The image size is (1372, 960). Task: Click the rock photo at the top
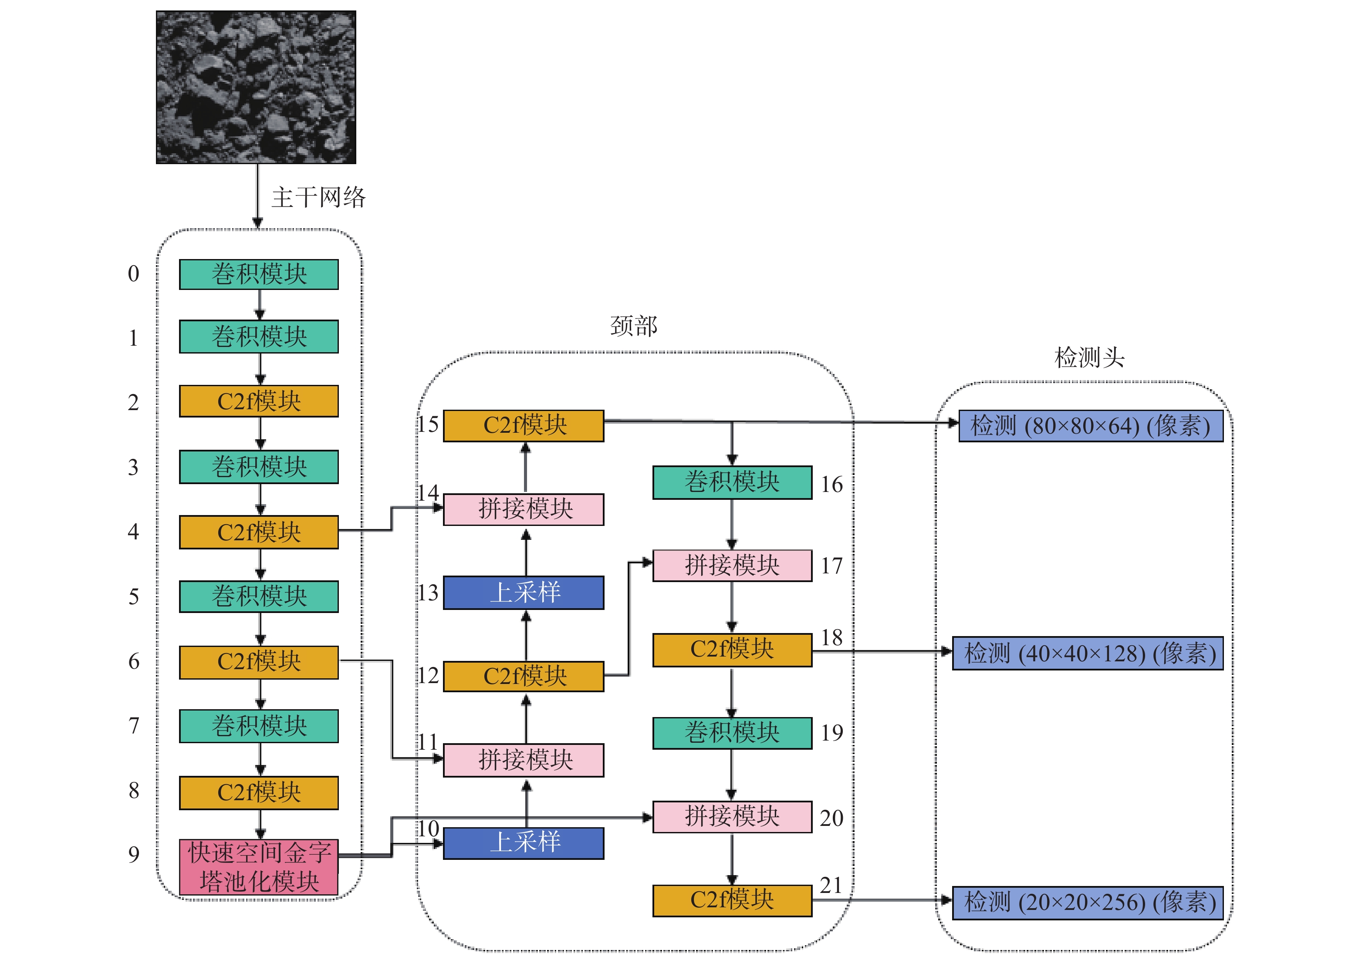tap(256, 87)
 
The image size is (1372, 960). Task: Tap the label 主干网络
tap(318, 197)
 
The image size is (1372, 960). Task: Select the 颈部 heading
tap(633, 326)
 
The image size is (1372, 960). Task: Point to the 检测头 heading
tap(1089, 357)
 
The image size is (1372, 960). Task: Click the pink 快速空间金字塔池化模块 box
tap(259, 867)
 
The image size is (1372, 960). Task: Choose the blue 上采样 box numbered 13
tap(524, 593)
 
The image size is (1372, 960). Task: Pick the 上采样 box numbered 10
tap(524, 843)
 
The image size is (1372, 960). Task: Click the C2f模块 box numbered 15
tap(524, 425)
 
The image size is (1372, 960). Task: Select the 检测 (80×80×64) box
tap(1091, 426)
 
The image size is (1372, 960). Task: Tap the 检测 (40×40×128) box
tap(1088, 653)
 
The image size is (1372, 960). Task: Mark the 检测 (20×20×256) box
tap(1088, 903)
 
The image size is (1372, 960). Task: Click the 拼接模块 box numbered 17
tap(732, 565)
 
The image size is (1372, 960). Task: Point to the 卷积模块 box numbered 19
tap(732, 733)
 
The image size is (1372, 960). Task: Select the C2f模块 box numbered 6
tap(259, 662)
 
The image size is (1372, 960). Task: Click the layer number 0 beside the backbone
tap(133, 273)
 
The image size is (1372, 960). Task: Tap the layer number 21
tap(831, 885)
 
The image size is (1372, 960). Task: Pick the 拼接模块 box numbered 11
tap(524, 760)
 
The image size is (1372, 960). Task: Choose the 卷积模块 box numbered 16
tap(732, 482)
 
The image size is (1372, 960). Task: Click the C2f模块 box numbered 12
tap(524, 676)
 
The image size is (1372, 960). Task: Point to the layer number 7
tap(134, 725)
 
